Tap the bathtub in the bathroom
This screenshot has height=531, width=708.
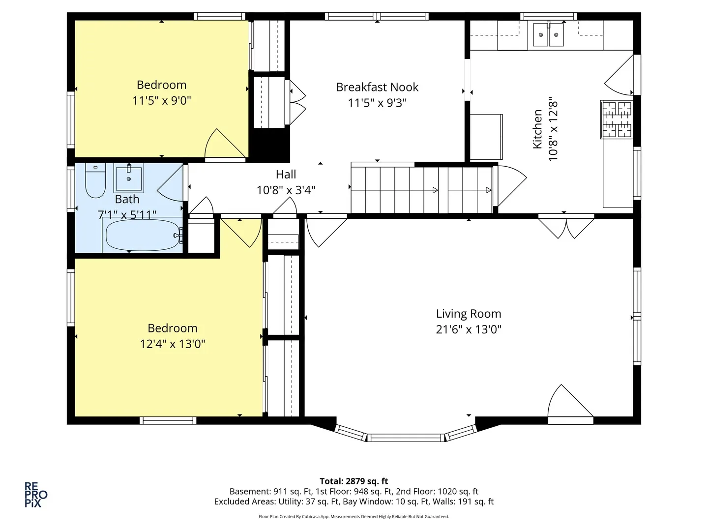coord(143,236)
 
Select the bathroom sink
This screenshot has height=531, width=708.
coord(129,178)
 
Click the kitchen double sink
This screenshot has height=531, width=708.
coord(548,34)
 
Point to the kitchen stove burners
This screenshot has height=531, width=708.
coord(617,119)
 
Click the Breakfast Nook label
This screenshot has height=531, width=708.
coord(377,87)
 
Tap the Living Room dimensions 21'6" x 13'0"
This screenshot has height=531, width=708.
coord(469,329)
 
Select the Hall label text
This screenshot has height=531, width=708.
coord(286,175)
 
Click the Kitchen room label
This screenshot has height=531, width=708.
coord(537,129)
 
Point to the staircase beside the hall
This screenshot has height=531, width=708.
coord(421,190)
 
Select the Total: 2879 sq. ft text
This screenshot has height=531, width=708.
coord(354,481)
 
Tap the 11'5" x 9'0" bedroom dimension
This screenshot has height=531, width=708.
coord(162,101)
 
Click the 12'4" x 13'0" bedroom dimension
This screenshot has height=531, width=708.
coord(173,344)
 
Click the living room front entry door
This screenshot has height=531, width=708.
coord(570,404)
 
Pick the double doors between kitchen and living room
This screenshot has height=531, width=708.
coord(566,227)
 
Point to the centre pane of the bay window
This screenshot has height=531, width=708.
coord(406,438)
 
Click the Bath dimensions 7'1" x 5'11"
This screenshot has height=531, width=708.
coord(127,214)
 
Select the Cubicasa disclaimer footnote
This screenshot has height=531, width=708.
coord(354,516)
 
